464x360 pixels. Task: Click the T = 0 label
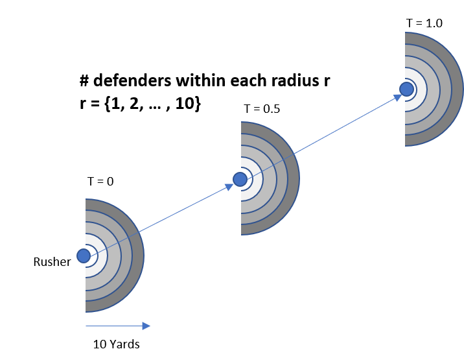coord(100,182)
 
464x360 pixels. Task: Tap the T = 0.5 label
coord(262,109)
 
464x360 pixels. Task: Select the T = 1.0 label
coord(424,23)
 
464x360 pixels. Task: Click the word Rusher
coord(52,262)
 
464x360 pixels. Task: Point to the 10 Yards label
coord(116,344)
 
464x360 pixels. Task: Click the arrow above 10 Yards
coord(118,326)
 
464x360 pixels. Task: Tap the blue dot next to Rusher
coord(84,256)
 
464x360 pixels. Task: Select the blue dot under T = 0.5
coord(240,179)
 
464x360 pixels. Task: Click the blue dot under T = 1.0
coord(406,89)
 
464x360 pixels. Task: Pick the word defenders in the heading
coord(132,80)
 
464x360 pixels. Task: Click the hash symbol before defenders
coord(84,80)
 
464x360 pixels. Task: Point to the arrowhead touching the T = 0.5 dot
coord(229,186)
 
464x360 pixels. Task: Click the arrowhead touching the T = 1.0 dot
coord(397,97)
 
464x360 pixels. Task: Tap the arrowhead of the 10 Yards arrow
coord(146,326)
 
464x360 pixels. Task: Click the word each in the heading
coord(250,80)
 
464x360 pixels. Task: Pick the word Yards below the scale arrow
coord(124,344)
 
